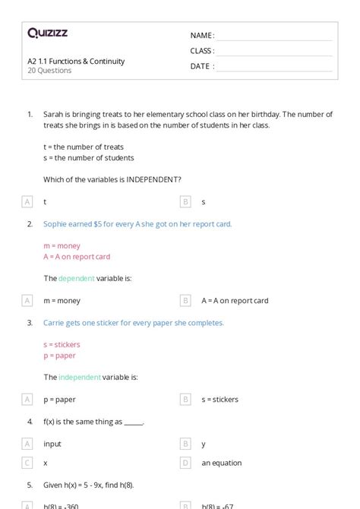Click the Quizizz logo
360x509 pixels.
click(x=47, y=33)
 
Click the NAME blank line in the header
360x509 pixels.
click(x=274, y=36)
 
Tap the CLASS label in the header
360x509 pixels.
click(x=201, y=51)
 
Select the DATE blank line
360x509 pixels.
click(x=274, y=67)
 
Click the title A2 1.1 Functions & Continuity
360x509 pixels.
click(x=76, y=62)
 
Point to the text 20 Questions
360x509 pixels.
click(x=49, y=71)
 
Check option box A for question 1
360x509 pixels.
click(x=27, y=201)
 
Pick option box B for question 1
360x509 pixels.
click(x=185, y=201)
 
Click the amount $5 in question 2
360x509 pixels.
click(x=98, y=224)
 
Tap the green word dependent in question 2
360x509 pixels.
click(x=77, y=279)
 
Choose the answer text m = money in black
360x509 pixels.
click(x=62, y=301)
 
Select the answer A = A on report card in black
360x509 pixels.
click(x=235, y=301)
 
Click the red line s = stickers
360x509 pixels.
click(x=62, y=344)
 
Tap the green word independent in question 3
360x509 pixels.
click(x=80, y=378)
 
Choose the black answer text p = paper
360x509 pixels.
click(x=59, y=400)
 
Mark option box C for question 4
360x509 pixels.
click(x=27, y=463)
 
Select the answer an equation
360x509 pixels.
click(x=221, y=463)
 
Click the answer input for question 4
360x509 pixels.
click(x=52, y=444)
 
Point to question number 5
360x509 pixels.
click(x=30, y=485)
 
